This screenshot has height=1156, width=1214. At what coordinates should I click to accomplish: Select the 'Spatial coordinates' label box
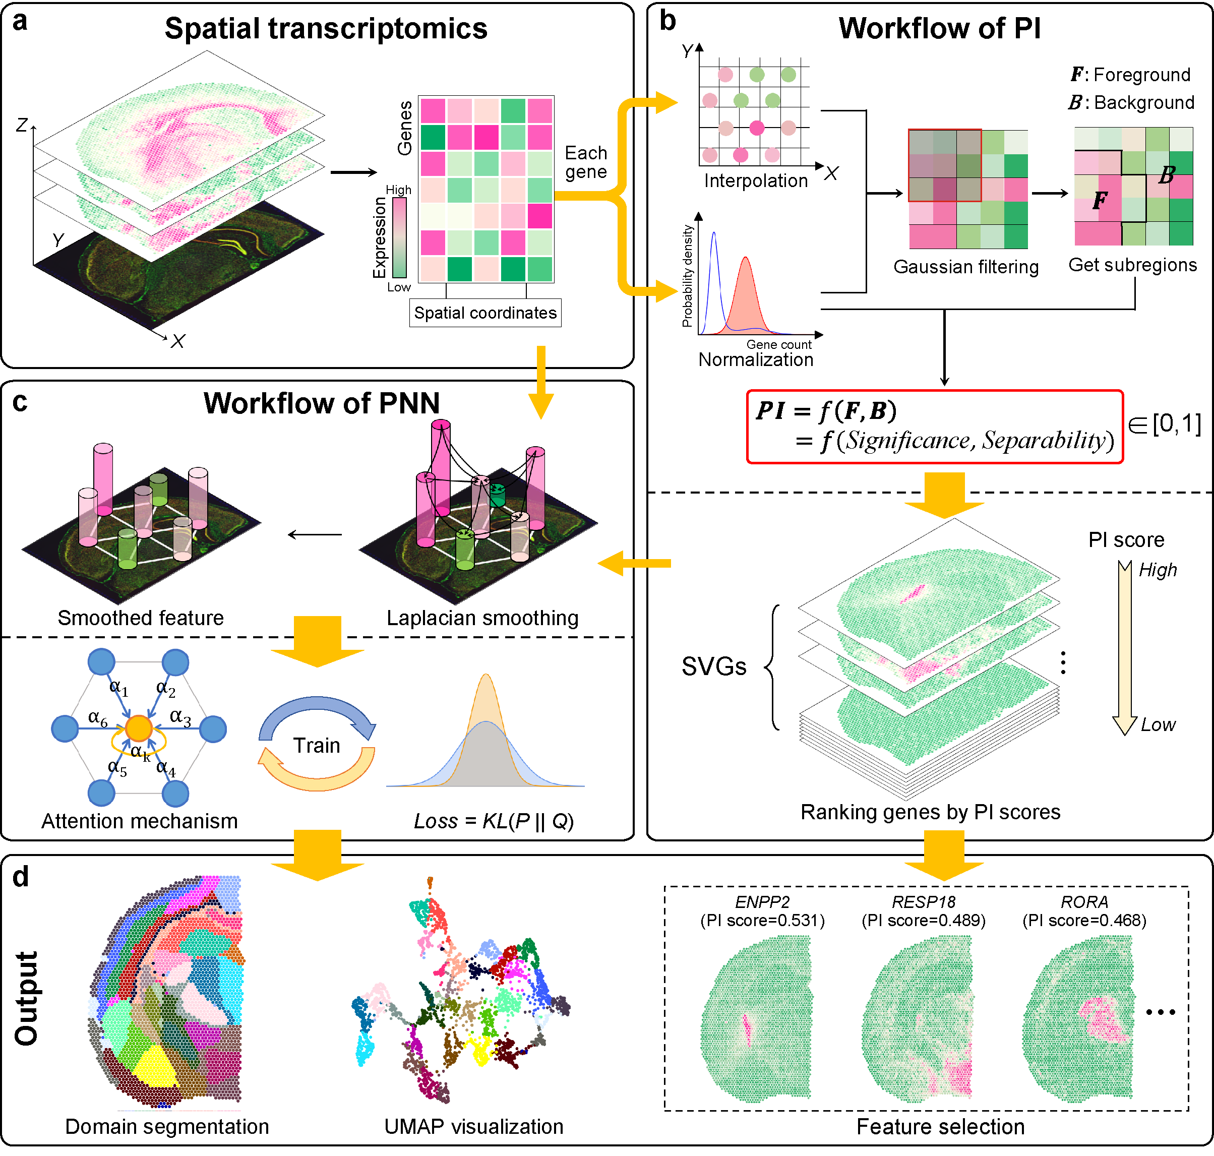485,313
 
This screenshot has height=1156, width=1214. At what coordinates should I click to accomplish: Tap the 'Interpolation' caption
756,180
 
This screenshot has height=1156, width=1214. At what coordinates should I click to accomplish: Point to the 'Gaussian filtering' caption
965,267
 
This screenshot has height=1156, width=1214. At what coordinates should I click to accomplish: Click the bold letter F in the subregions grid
1100,200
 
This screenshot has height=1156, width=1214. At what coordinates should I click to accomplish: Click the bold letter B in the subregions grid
1166,175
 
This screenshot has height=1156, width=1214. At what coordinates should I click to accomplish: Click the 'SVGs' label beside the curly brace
713,667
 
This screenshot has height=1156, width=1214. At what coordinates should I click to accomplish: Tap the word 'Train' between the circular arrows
316,746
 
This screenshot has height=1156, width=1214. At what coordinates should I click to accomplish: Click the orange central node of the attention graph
139,728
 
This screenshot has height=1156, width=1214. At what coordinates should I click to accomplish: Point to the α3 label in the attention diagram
180,717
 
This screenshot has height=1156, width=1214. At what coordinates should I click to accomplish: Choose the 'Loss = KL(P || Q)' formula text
494,821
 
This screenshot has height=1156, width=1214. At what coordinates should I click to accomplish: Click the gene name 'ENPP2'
762,902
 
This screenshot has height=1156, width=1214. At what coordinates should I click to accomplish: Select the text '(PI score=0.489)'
923,921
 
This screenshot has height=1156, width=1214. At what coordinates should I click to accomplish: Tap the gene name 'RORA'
1084,902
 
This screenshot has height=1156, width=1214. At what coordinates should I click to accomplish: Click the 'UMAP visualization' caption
473,1126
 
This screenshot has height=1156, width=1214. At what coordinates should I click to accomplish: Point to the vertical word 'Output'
27,998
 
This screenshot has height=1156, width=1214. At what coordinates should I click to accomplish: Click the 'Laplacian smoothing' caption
482,618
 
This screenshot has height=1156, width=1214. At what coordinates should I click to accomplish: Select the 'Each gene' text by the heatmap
586,162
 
